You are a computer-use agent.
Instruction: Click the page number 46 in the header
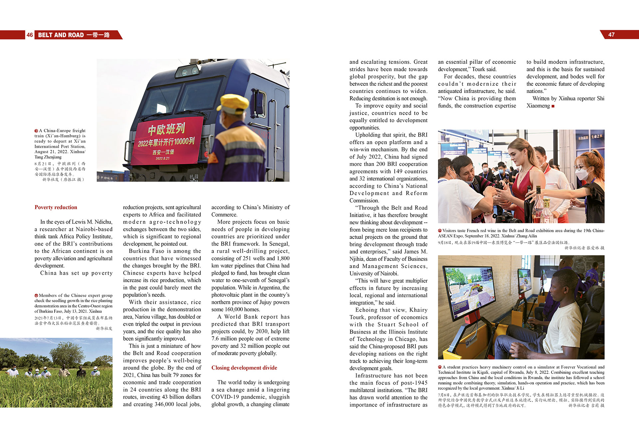[30, 35]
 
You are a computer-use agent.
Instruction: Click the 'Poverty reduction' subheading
[56, 207]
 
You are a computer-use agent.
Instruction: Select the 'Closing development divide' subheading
[244, 368]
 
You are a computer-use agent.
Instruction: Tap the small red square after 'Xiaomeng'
[553, 106]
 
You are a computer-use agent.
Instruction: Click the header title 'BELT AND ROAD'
[61, 35]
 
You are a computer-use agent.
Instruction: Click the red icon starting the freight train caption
[36, 131]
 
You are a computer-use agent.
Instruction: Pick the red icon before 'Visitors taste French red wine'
[440, 231]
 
